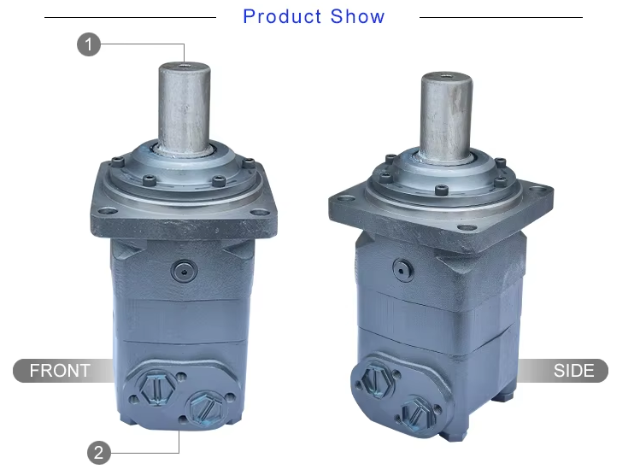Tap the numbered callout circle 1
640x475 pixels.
click(x=89, y=44)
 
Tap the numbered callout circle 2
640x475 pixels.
click(x=99, y=452)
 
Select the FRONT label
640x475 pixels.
click(x=60, y=371)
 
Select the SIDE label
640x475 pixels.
click(x=573, y=371)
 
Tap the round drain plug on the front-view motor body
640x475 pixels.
click(x=183, y=271)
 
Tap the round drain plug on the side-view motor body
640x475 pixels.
click(x=400, y=268)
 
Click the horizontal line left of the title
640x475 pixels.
click(x=128, y=17)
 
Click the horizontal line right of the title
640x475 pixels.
click(x=500, y=17)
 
